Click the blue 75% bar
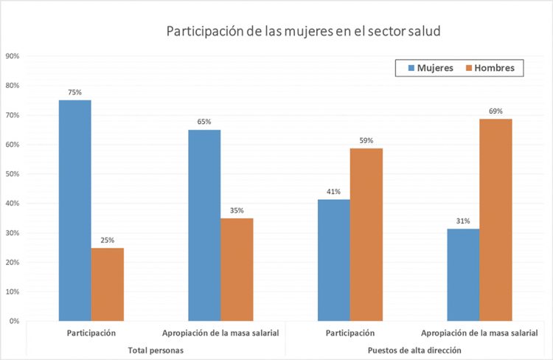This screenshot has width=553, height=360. pyautogui.click(x=75, y=210)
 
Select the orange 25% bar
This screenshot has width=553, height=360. pyautogui.click(x=108, y=284)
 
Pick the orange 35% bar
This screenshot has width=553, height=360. pyautogui.click(x=237, y=269)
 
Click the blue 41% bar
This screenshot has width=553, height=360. pyautogui.click(x=333, y=260)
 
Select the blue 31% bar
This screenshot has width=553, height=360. pyautogui.click(x=463, y=274)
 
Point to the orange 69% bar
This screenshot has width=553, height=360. pyautogui.click(x=495, y=219)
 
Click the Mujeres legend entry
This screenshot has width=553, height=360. pyautogui.click(x=429, y=68)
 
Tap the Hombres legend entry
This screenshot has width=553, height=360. pyautogui.click(x=493, y=68)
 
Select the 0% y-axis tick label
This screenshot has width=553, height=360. pyautogui.click(x=14, y=321)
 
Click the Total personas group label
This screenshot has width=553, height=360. pyautogui.click(x=156, y=349)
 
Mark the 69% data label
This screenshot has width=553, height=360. pyautogui.click(x=495, y=111)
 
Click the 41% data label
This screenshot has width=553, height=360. pyautogui.click(x=333, y=192)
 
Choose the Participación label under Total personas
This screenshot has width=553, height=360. pyautogui.click(x=91, y=333)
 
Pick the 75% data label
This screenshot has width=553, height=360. pyautogui.click(x=75, y=93)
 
